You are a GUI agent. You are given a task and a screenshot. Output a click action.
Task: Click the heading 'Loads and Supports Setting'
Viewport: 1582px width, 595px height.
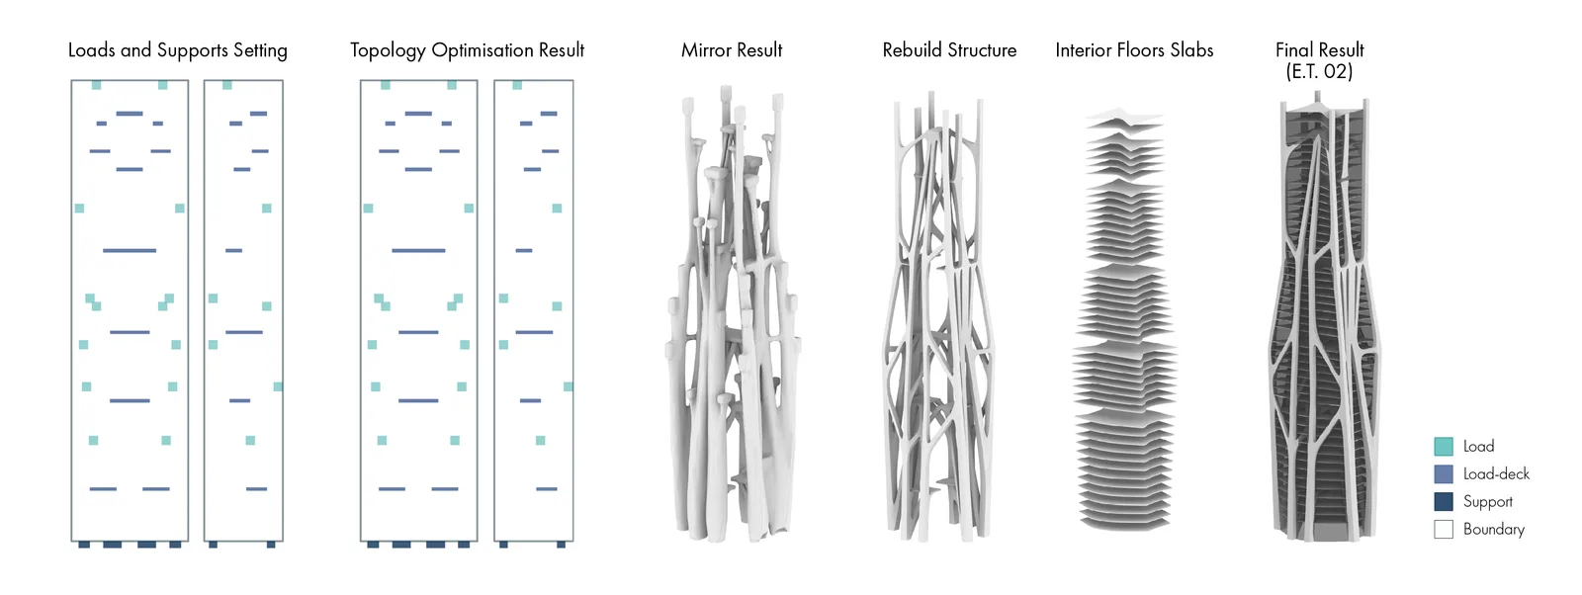(x=177, y=50)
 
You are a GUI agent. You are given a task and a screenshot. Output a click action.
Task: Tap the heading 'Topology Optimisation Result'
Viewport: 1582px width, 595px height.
(x=467, y=50)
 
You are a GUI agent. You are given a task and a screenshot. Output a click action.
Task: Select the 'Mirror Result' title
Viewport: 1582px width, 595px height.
(x=732, y=50)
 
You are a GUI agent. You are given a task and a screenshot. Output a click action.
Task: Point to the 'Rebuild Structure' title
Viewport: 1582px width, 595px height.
(x=949, y=50)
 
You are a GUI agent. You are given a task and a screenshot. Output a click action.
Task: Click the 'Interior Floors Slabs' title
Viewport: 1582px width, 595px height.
(x=1134, y=50)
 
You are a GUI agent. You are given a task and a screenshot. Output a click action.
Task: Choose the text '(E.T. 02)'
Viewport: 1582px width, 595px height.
(x=1319, y=71)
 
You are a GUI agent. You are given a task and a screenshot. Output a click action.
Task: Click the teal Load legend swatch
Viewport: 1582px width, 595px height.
(x=1444, y=446)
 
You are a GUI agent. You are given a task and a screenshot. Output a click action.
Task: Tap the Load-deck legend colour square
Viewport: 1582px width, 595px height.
(x=1444, y=473)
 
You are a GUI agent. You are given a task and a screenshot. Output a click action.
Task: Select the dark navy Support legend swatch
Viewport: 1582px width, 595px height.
(x=1444, y=501)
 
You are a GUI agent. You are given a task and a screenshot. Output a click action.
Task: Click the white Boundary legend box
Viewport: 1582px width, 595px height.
(x=1444, y=529)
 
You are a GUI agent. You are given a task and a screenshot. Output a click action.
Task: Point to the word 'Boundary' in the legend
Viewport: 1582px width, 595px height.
(x=1494, y=530)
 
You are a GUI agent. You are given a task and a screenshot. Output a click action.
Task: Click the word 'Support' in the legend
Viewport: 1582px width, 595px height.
(x=1488, y=502)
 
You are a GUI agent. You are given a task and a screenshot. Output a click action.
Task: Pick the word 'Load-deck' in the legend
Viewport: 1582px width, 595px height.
(x=1497, y=473)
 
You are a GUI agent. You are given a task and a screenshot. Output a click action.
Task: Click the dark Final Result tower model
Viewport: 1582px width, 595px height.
(x=1324, y=317)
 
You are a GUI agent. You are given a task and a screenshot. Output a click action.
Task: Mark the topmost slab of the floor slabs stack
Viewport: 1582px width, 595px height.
(x=1124, y=117)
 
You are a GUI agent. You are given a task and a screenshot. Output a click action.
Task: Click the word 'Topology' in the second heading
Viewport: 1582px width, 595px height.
(x=388, y=50)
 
